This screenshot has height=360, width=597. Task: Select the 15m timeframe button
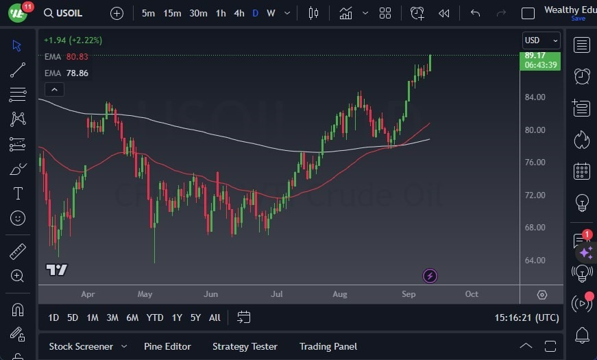click(x=172, y=13)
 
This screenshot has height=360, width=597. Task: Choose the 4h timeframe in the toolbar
click(x=239, y=13)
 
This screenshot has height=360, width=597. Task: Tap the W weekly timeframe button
click(x=271, y=13)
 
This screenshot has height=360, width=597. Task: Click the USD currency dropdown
click(x=541, y=40)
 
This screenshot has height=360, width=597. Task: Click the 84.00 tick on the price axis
click(x=534, y=97)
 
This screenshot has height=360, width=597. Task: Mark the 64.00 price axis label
click(x=534, y=261)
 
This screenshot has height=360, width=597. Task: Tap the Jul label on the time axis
click(x=277, y=294)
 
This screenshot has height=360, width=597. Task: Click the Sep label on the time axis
click(x=409, y=294)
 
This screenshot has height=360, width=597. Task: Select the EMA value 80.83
click(x=77, y=57)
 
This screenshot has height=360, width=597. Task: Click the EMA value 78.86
click(x=77, y=73)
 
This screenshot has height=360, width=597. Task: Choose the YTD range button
click(x=155, y=317)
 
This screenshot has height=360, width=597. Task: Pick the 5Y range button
click(x=195, y=317)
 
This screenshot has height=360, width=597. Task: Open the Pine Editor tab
click(x=167, y=346)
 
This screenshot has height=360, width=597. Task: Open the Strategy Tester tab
click(x=245, y=346)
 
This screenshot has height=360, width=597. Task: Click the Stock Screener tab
click(x=80, y=346)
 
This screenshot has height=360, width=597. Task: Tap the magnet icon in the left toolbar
click(x=18, y=309)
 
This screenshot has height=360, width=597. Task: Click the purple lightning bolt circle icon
click(x=430, y=276)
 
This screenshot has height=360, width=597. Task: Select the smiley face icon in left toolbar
click(x=18, y=218)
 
